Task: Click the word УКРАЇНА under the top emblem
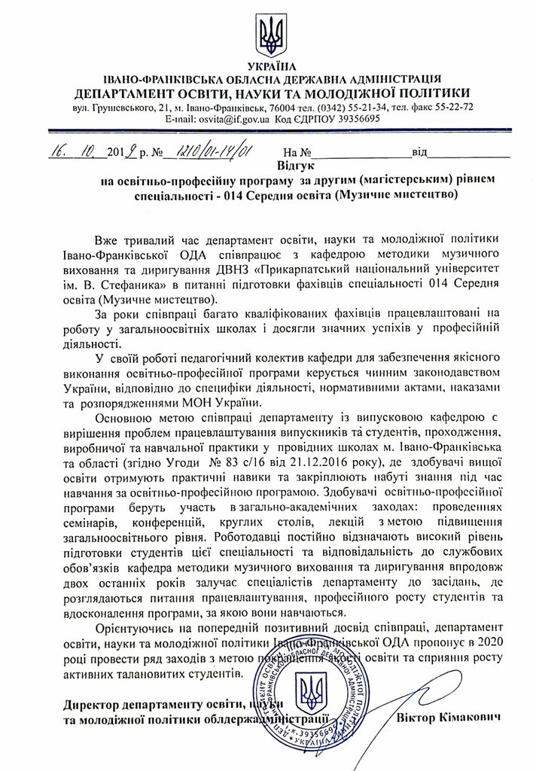pyautogui.click(x=268, y=66)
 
